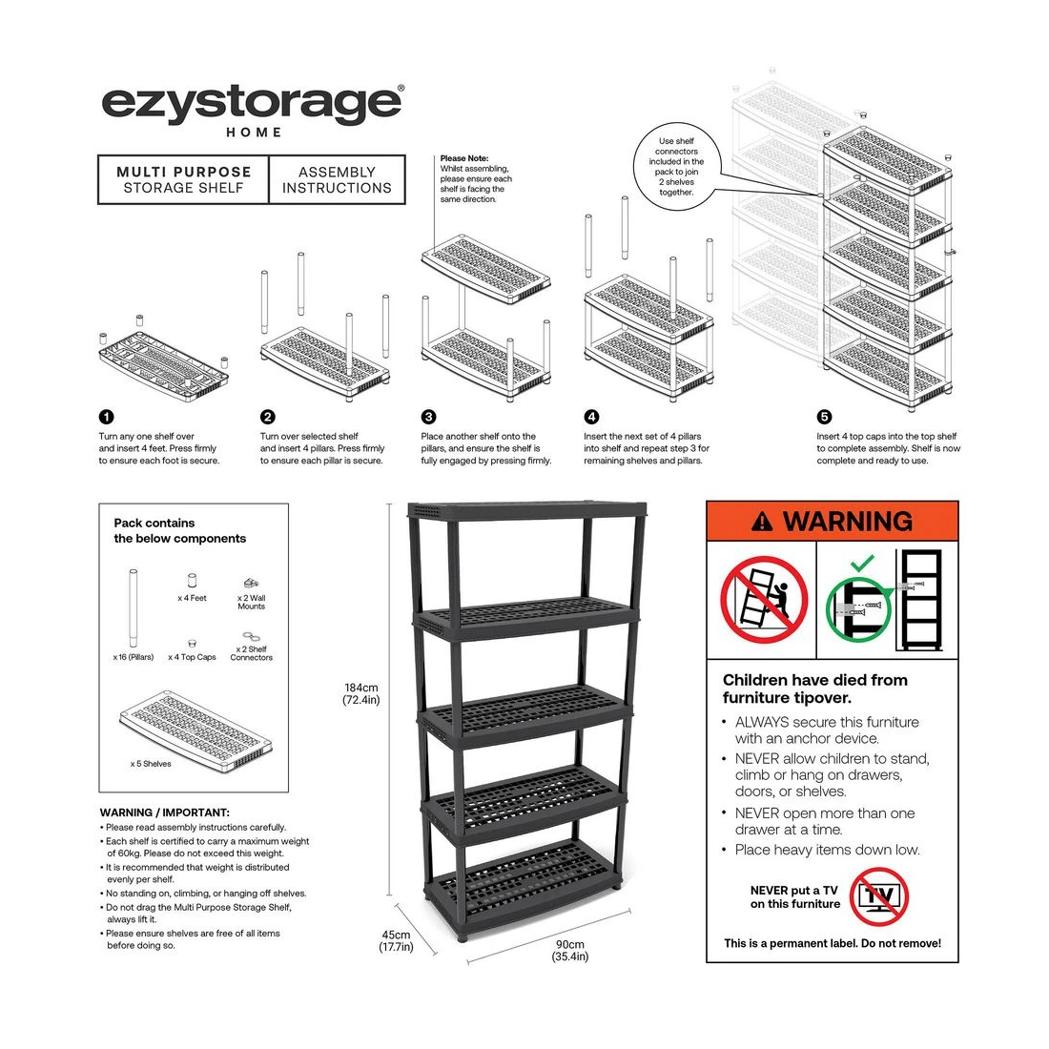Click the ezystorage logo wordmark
pos(253,102)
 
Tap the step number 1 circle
pos(106,417)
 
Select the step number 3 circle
pos(428,417)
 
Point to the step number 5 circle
pos(824,417)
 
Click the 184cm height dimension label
pos(361,693)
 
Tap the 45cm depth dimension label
pos(396,941)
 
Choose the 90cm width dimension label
pos(570,951)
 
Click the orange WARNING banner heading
pos(832,521)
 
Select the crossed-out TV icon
pos(878,896)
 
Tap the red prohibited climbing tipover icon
pos(763,600)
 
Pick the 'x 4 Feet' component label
pos(192,598)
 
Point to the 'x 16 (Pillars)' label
pos(133,657)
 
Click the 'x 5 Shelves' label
pos(151,764)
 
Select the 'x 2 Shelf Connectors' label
pos(251,653)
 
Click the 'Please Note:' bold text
pos(463,158)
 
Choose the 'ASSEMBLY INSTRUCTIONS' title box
pos(337,180)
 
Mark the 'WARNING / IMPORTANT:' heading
pos(164,812)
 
